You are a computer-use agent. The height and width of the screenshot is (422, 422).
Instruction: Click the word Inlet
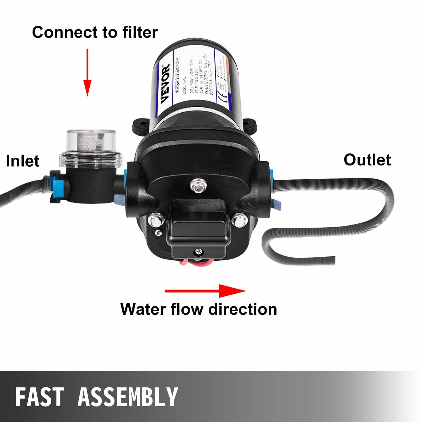pyautogui.click(x=22, y=161)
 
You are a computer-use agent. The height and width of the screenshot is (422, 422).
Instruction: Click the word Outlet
pyautogui.click(x=367, y=160)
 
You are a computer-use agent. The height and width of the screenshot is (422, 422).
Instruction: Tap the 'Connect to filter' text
pyautogui.click(x=95, y=32)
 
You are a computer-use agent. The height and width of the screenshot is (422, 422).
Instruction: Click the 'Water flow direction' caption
pyautogui.click(x=199, y=309)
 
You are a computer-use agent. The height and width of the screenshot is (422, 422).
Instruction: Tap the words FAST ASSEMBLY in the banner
pyautogui.click(x=97, y=396)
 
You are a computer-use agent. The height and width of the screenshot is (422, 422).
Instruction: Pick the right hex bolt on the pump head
pyautogui.click(x=240, y=219)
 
